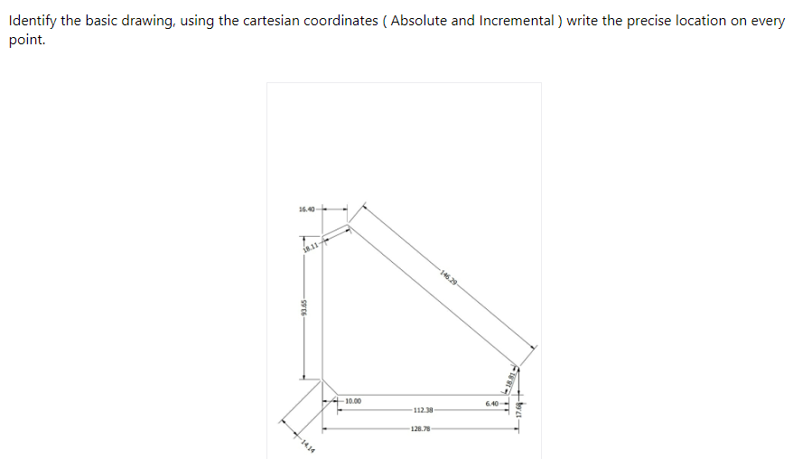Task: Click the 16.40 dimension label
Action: [x=305, y=210]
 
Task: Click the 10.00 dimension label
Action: [x=352, y=399]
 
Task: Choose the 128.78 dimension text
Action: [x=420, y=429]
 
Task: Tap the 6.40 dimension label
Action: [x=491, y=403]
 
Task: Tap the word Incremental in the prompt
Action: [x=514, y=21]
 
